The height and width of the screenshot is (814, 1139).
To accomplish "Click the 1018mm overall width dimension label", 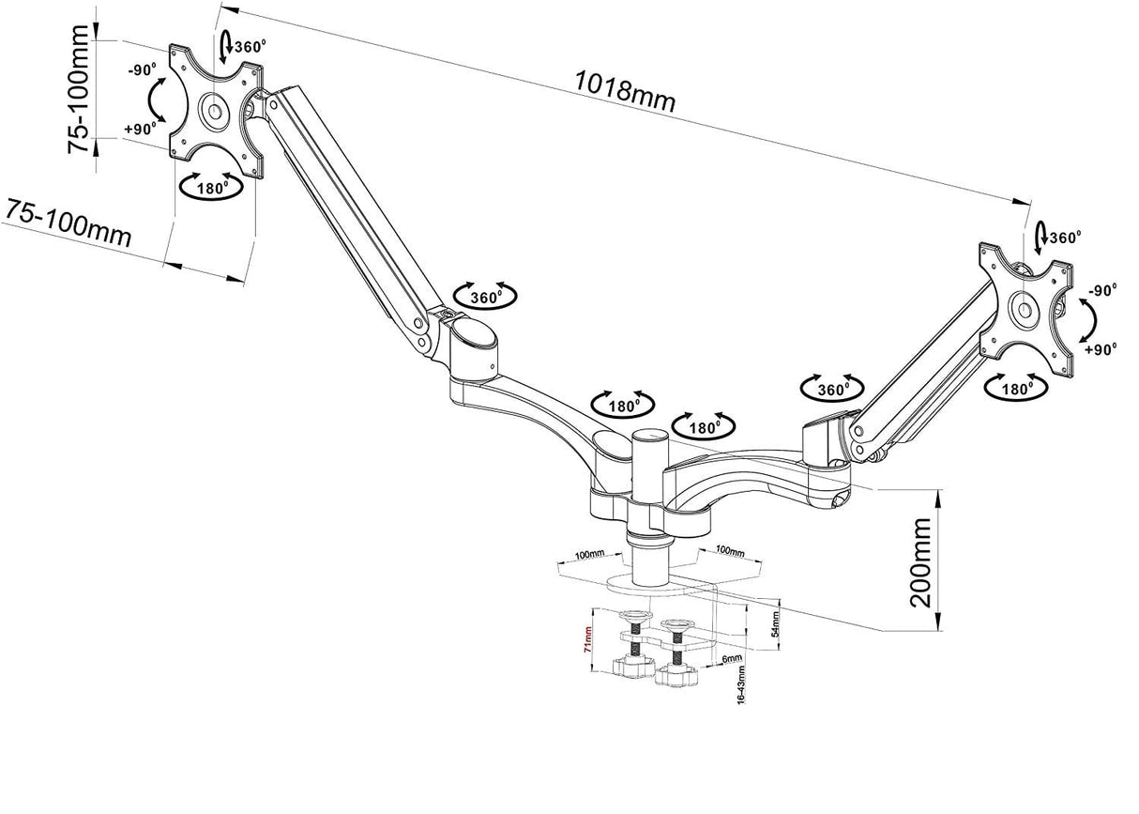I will pos(624,90).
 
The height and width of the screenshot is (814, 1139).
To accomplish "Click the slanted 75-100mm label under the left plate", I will pos(68,223).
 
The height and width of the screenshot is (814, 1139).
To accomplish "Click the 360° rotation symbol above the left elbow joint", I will pos(484,296).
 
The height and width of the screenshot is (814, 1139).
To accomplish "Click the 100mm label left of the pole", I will pos(591,555).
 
